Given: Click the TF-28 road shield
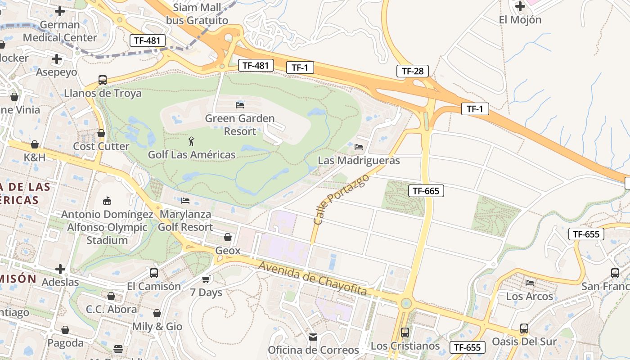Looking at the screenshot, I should [x=412, y=71].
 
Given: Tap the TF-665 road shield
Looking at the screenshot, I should [x=426, y=191].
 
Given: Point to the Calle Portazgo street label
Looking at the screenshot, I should [x=341, y=199].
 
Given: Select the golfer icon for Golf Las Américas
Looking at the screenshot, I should [x=192, y=141].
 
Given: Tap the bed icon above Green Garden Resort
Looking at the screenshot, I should [x=240, y=105].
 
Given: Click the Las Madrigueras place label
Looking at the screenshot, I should [x=359, y=160].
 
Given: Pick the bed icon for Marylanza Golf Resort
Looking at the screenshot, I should [x=185, y=200].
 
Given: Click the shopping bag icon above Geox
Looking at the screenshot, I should [x=228, y=237].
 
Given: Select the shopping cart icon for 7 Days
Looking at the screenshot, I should [x=206, y=279].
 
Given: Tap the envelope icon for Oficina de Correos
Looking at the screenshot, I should [x=313, y=337].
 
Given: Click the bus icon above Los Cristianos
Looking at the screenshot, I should [x=405, y=332].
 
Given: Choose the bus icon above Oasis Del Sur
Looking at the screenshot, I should [x=524, y=328].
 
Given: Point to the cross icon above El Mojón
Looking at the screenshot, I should [x=520, y=6].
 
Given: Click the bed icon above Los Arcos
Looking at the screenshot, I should [x=530, y=283].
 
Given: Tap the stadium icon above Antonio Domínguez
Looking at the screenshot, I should [x=107, y=200].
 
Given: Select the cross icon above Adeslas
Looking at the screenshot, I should [x=60, y=269].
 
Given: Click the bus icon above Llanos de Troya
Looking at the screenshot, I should [x=103, y=80].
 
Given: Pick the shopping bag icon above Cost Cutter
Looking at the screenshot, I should [x=101, y=133].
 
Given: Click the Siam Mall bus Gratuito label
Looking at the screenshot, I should [x=197, y=14].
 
